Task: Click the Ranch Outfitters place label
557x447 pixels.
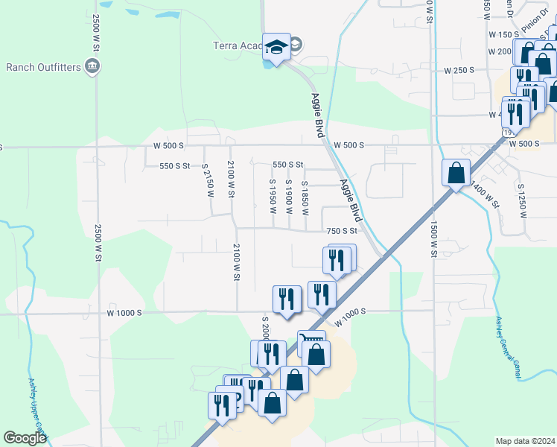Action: (x=42, y=67)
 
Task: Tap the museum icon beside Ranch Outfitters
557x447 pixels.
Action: (x=93, y=66)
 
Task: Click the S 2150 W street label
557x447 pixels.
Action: (x=209, y=182)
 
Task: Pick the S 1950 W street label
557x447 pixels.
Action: (x=273, y=196)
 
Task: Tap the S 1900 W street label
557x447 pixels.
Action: (x=288, y=196)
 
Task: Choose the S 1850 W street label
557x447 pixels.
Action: (x=305, y=196)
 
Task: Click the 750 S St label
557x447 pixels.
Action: (x=343, y=231)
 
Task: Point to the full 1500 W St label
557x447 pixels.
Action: (x=433, y=238)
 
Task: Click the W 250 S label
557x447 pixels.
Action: (x=459, y=70)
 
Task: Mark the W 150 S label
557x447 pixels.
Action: (x=503, y=35)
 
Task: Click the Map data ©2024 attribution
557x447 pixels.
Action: (x=525, y=441)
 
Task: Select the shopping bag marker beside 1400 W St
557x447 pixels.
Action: (x=455, y=173)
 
